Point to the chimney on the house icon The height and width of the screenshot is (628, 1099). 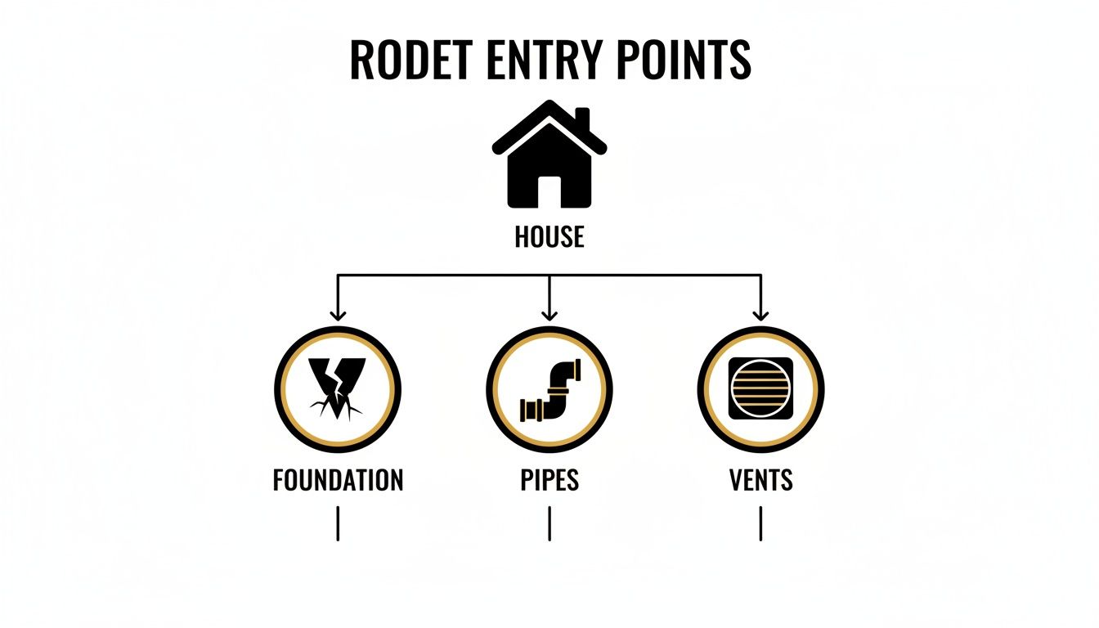582,119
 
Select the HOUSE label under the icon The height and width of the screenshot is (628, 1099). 549,237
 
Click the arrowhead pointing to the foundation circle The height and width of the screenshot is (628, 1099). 337,314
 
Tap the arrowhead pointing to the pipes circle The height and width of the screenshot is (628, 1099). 549,314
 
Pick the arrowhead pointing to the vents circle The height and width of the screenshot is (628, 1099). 760,314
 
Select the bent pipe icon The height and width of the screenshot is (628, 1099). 549,390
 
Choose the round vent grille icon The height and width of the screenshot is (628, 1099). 760,389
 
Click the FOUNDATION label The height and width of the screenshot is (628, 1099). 338,480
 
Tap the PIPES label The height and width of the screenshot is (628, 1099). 549,480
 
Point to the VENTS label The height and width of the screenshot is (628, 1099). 760,480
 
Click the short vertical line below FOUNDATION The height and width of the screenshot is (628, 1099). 337,523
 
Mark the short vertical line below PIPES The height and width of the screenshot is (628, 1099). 549,523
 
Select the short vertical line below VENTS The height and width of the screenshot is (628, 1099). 760,523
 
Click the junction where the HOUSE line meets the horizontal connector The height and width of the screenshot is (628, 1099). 549,276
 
